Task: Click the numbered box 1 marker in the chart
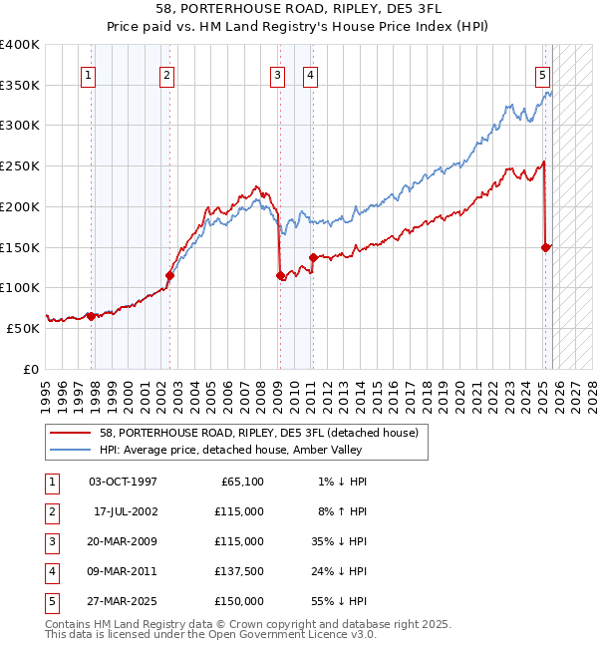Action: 90,74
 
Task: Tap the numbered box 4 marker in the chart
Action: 311,74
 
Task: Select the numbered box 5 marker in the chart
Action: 542,74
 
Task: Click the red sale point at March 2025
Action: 546,247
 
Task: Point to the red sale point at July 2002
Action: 169,275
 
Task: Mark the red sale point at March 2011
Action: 313,257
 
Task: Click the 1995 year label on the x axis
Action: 46,389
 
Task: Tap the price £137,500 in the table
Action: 239,571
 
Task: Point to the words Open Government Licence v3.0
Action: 291,633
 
